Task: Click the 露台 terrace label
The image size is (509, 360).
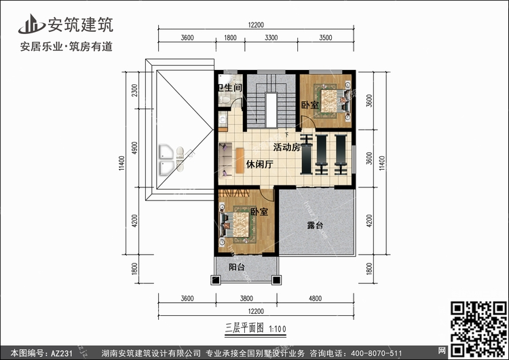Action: [315, 225]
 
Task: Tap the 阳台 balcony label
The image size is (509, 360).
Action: [237, 267]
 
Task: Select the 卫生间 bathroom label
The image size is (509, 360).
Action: [230, 88]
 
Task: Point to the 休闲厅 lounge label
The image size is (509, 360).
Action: [259, 164]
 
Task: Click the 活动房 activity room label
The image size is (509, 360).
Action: [286, 147]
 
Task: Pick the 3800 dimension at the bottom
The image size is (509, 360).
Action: [246, 298]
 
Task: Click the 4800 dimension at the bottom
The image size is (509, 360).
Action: [315, 298]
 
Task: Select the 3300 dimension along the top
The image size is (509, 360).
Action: [271, 37]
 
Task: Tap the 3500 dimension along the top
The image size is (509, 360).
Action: [325, 37]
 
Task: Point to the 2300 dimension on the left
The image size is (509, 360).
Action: [134, 90]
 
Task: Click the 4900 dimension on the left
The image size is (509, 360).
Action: [134, 148]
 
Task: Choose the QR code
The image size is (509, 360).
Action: [478, 329]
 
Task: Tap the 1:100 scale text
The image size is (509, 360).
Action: [278, 329]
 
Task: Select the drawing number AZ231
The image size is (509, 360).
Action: [61, 353]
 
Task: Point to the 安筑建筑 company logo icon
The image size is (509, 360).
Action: [31, 24]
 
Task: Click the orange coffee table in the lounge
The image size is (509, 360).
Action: [240, 160]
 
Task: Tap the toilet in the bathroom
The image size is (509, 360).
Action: [223, 100]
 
